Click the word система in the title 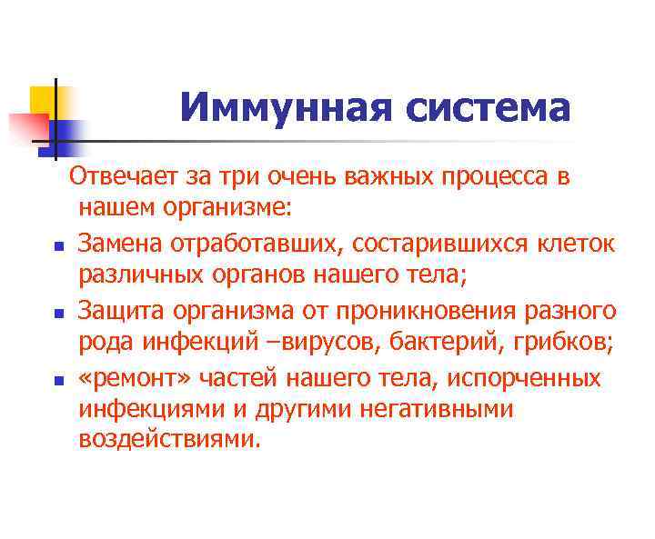point(488,108)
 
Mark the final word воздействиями point(169,440)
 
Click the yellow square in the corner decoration point(42,98)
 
